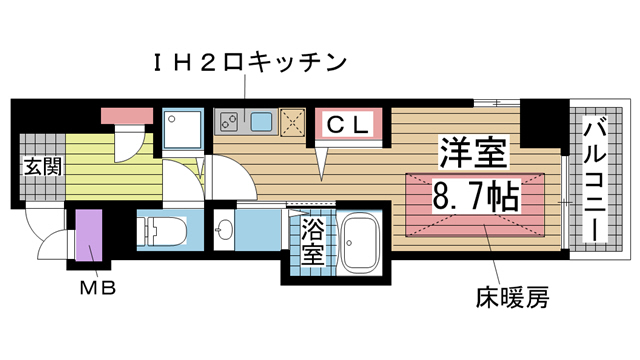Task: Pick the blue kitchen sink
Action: (x=263, y=123)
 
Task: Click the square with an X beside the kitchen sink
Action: (x=294, y=123)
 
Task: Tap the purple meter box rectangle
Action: (x=90, y=235)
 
